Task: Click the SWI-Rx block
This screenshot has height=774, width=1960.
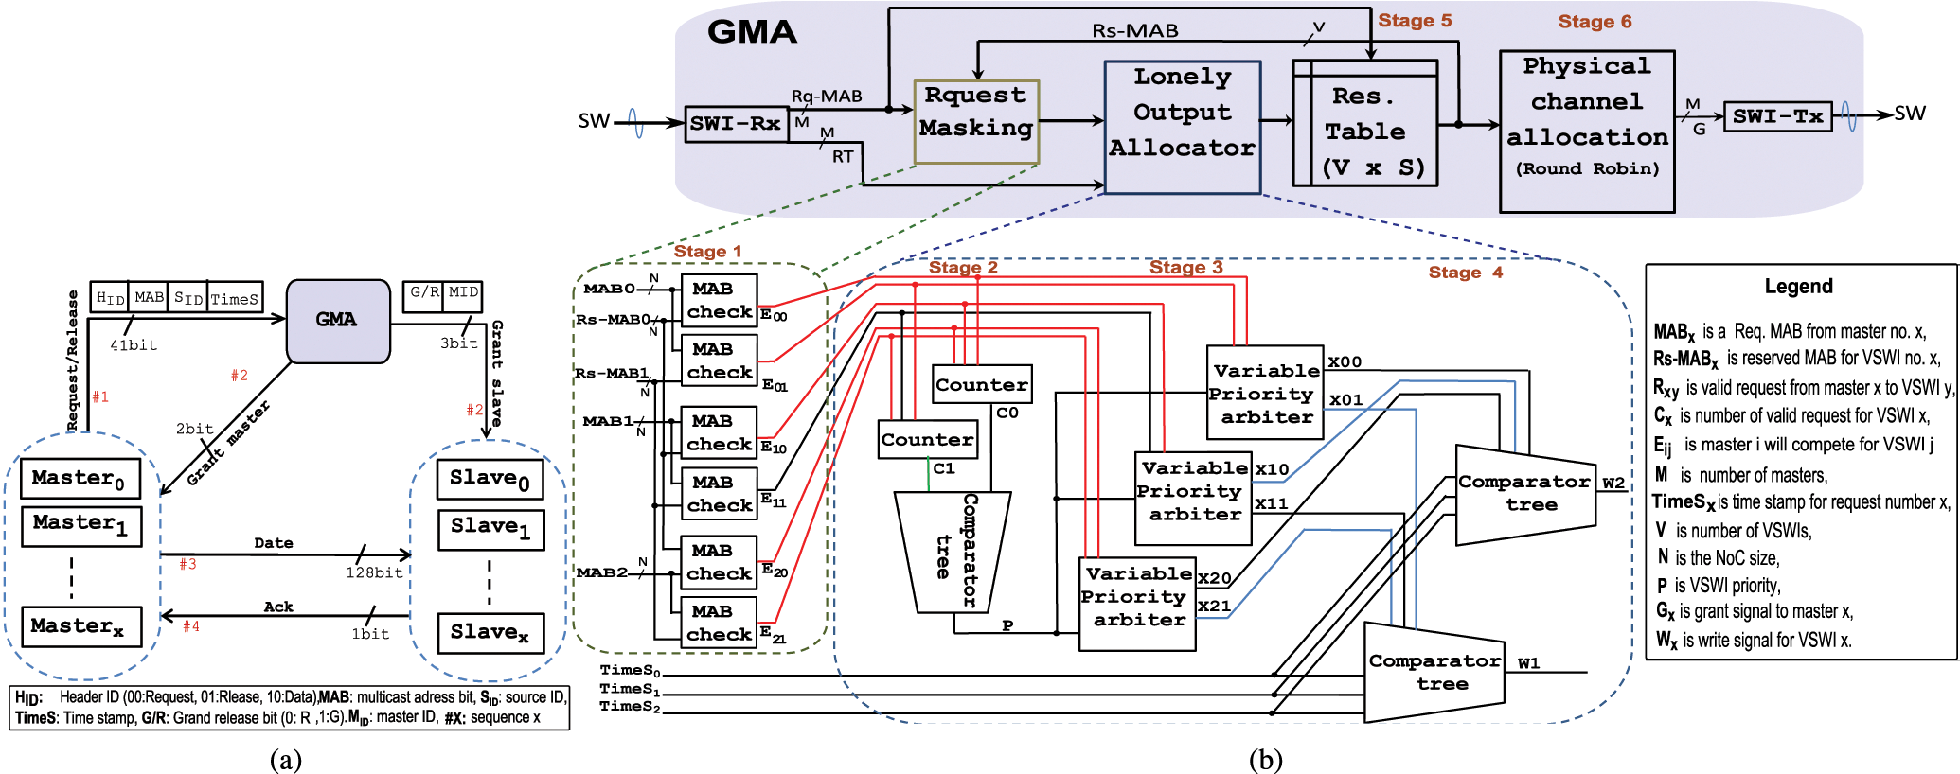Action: tap(736, 124)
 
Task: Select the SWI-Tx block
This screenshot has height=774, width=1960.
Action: tap(1777, 116)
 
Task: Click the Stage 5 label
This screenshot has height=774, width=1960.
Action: tap(1415, 21)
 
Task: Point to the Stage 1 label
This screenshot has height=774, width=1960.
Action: tap(707, 252)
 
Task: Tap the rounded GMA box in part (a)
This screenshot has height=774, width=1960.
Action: tap(337, 321)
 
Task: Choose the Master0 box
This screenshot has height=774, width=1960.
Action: tap(80, 478)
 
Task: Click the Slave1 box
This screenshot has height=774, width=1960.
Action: tap(490, 528)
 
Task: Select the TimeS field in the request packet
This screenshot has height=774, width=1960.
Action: tap(235, 298)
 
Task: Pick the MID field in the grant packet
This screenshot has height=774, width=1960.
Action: tap(463, 292)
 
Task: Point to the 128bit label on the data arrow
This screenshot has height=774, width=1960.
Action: tap(374, 572)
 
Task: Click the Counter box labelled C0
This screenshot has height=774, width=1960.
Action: tap(981, 384)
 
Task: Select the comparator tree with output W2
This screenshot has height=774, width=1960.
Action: tap(1524, 493)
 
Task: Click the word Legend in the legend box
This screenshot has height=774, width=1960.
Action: tap(1798, 287)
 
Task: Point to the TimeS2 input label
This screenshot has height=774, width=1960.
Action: tap(630, 707)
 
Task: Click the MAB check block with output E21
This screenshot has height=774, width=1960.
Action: tap(719, 624)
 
